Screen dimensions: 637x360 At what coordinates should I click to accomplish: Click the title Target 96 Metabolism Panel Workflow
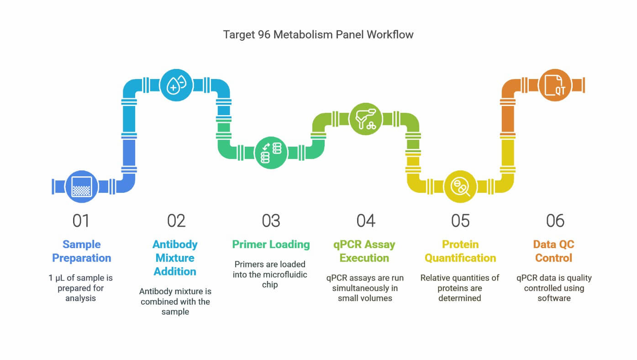click(x=318, y=35)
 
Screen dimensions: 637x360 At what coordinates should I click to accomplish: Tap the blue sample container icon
click(x=82, y=187)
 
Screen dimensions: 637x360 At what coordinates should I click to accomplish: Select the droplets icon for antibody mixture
click(x=176, y=85)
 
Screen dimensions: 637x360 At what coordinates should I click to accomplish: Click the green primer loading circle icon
click(x=271, y=153)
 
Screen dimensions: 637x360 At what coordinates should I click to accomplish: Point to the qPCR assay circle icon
click(x=366, y=119)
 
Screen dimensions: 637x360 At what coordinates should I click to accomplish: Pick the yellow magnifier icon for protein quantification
click(x=460, y=187)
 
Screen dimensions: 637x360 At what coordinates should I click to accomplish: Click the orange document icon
click(x=555, y=85)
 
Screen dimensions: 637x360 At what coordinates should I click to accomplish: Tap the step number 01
click(x=81, y=221)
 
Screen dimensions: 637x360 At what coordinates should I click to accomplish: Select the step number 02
click(x=176, y=221)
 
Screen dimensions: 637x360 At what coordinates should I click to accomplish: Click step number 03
click(x=271, y=221)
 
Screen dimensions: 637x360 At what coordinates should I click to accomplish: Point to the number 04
click(x=366, y=221)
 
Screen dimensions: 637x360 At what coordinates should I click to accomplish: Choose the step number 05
click(x=460, y=221)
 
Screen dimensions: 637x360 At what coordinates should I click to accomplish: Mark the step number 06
click(x=555, y=221)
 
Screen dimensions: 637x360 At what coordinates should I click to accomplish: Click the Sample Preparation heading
click(x=82, y=251)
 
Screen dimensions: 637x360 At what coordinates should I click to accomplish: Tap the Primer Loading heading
click(x=271, y=244)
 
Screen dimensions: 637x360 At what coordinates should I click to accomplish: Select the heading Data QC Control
click(x=554, y=251)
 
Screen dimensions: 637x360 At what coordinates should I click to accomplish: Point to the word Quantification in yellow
click(x=460, y=258)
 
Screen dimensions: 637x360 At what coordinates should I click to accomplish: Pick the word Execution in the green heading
click(x=364, y=258)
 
